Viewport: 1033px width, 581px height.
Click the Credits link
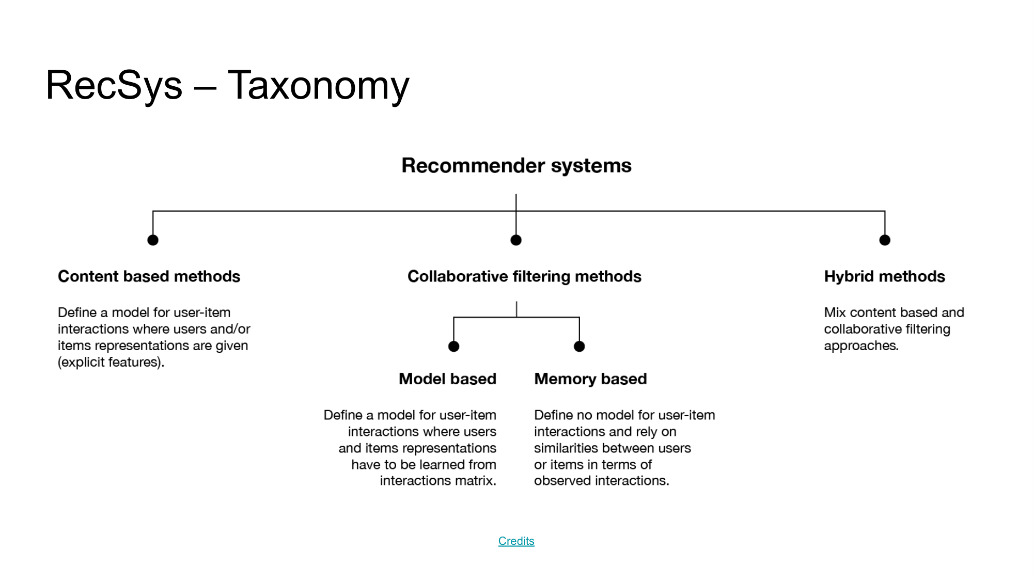[516, 541]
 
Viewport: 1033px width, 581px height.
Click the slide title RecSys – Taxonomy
[227, 85]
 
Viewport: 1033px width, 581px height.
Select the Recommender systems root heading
[516, 166]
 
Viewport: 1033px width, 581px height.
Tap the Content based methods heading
[149, 276]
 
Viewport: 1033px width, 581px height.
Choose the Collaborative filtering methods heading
[524, 276]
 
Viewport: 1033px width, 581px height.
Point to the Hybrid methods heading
[884, 276]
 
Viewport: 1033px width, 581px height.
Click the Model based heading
[447, 379]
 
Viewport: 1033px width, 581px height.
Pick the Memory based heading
[590, 379]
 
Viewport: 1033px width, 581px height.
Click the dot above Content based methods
[153, 240]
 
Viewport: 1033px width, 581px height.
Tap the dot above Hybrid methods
[885, 240]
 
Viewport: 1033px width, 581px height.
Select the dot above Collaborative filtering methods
[516, 240]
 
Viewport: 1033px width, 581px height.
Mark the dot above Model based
[453, 347]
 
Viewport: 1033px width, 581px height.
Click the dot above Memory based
[580, 347]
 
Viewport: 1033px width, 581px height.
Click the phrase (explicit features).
[111, 362]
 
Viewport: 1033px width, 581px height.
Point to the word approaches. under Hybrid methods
[861, 346]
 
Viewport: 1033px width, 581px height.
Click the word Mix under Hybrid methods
[835, 312]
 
